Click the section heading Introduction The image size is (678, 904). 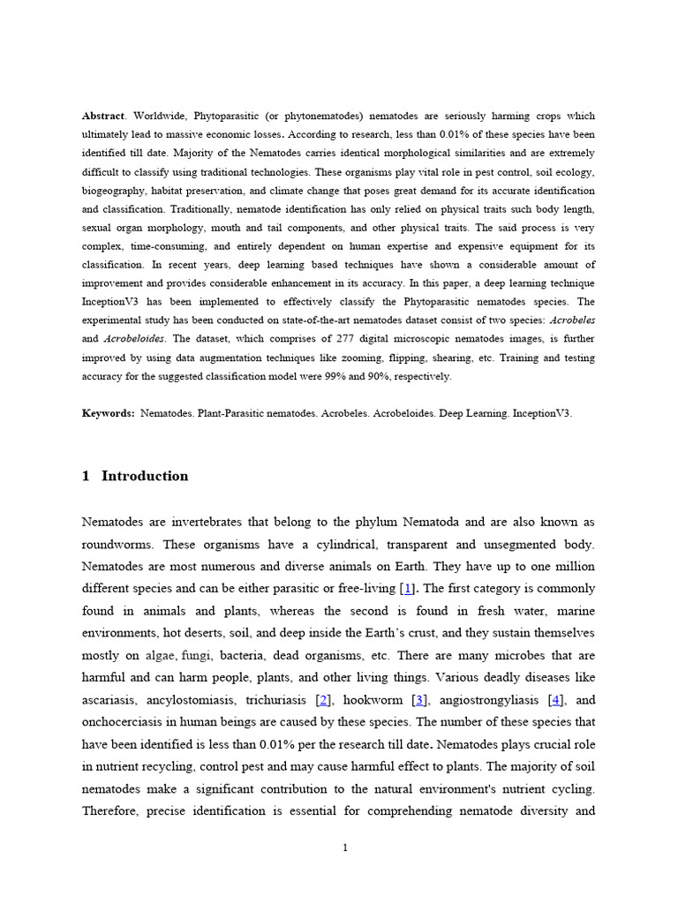(x=145, y=476)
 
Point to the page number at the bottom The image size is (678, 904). (x=346, y=848)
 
